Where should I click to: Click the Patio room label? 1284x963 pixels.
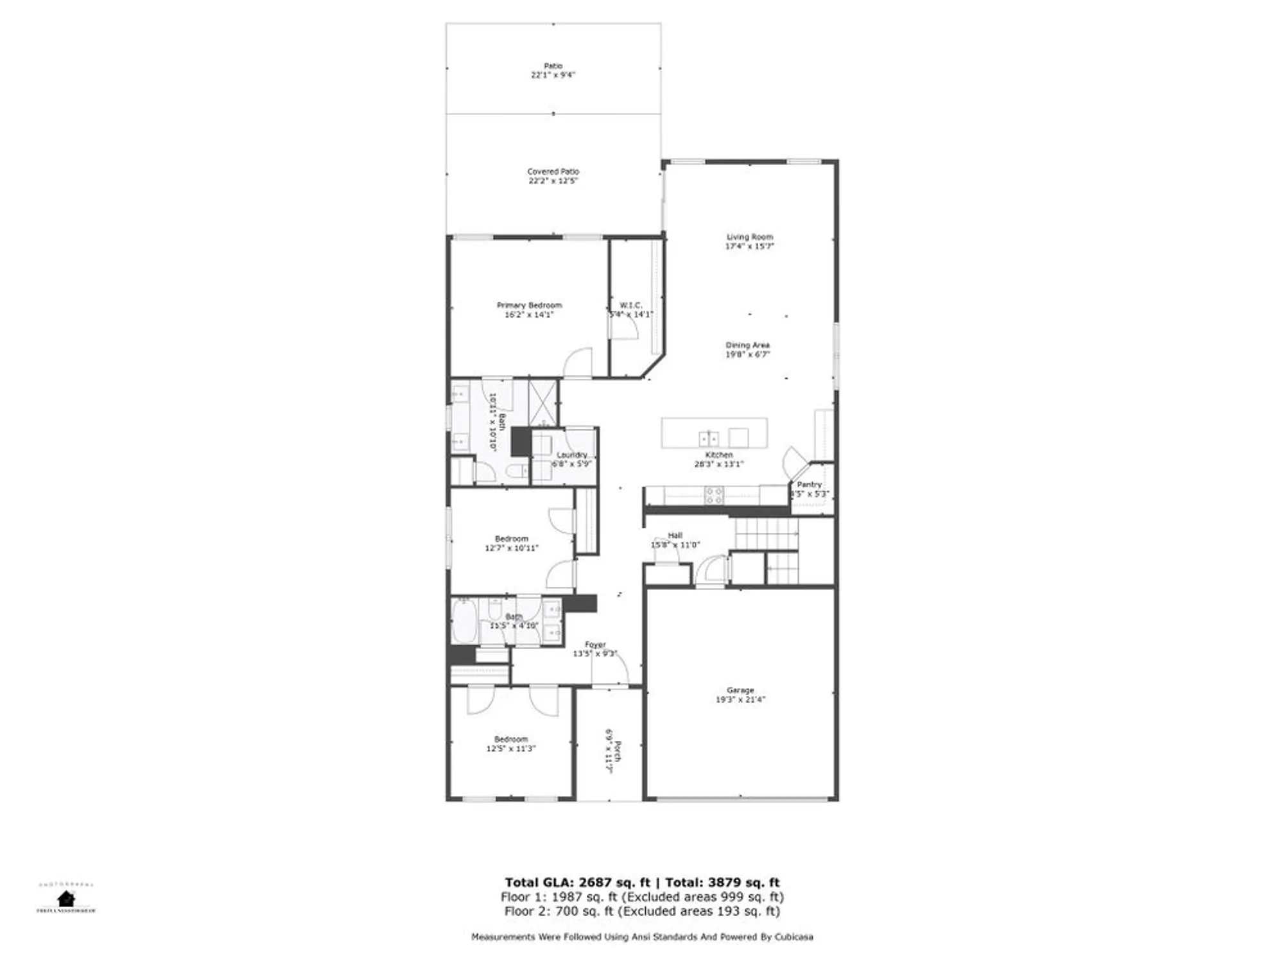[x=553, y=66]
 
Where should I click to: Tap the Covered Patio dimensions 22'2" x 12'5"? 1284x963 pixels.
[x=553, y=181]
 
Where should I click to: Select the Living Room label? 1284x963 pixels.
[x=749, y=237]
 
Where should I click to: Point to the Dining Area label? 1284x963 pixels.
[x=747, y=345]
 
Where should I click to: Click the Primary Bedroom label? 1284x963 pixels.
[x=529, y=306]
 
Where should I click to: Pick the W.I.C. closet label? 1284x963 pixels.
[x=630, y=306]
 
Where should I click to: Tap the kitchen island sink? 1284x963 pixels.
[x=709, y=439]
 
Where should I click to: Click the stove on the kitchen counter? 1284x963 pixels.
[x=714, y=495]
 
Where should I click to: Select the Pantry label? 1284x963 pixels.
[x=809, y=485]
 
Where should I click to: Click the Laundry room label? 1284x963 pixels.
[x=571, y=455]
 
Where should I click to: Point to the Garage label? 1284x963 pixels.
[x=740, y=690]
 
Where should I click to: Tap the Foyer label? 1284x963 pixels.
[x=595, y=645]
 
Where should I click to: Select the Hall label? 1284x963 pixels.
[x=675, y=535]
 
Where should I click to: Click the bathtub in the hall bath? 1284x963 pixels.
[x=464, y=621]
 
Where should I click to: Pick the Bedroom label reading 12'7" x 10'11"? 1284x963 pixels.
[x=512, y=539]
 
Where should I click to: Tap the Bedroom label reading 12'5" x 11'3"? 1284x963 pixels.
[x=510, y=740]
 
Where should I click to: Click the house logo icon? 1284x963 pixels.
[x=65, y=898]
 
